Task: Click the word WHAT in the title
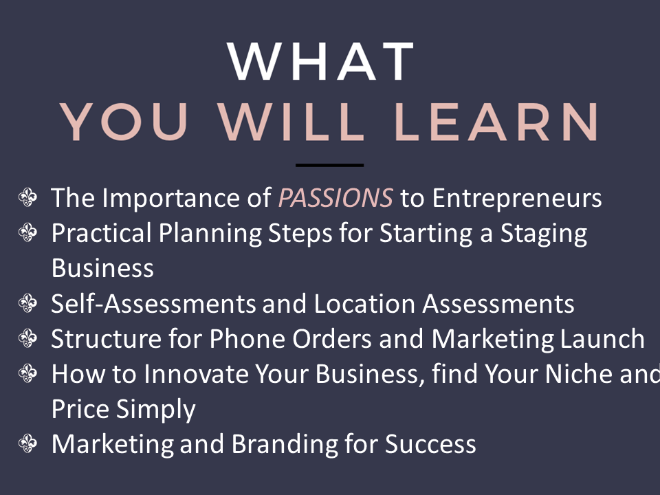[x=321, y=61]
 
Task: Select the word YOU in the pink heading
[x=124, y=122]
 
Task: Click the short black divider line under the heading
[x=329, y=166]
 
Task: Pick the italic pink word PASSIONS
[x=336, y=198]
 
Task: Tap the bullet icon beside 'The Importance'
[x=27, y=197]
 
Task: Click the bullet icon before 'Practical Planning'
[x=27, y=232]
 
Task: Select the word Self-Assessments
[x=153, y=303]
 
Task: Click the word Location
[x=364, y=303]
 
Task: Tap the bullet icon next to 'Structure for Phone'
[x=27, y=338]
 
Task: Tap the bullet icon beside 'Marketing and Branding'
[x=27, y=443]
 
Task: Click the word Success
[x=430, y=445]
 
